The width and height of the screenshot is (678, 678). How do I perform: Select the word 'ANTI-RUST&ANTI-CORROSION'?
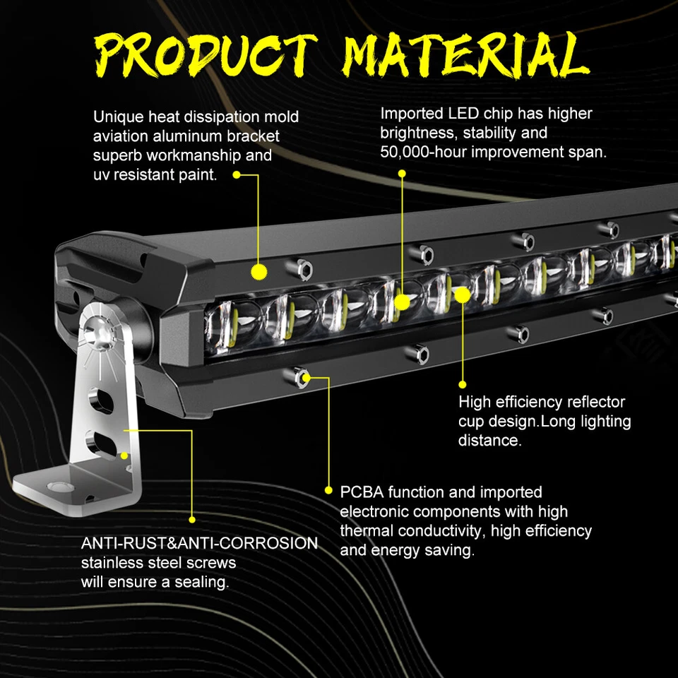[199, 543]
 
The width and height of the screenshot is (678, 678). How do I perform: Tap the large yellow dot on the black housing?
[258, 270]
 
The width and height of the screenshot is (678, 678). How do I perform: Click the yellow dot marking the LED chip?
[402, 302]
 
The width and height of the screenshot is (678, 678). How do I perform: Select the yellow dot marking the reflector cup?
[461, 295]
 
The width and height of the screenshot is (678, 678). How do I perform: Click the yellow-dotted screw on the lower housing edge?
[305, 377]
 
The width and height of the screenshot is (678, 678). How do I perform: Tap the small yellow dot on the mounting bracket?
[124, 456]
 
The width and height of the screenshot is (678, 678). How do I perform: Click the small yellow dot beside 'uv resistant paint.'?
[237, 174]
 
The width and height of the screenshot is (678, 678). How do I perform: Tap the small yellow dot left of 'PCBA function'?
[328, 489]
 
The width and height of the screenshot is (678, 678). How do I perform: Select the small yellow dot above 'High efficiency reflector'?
[463, 384]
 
